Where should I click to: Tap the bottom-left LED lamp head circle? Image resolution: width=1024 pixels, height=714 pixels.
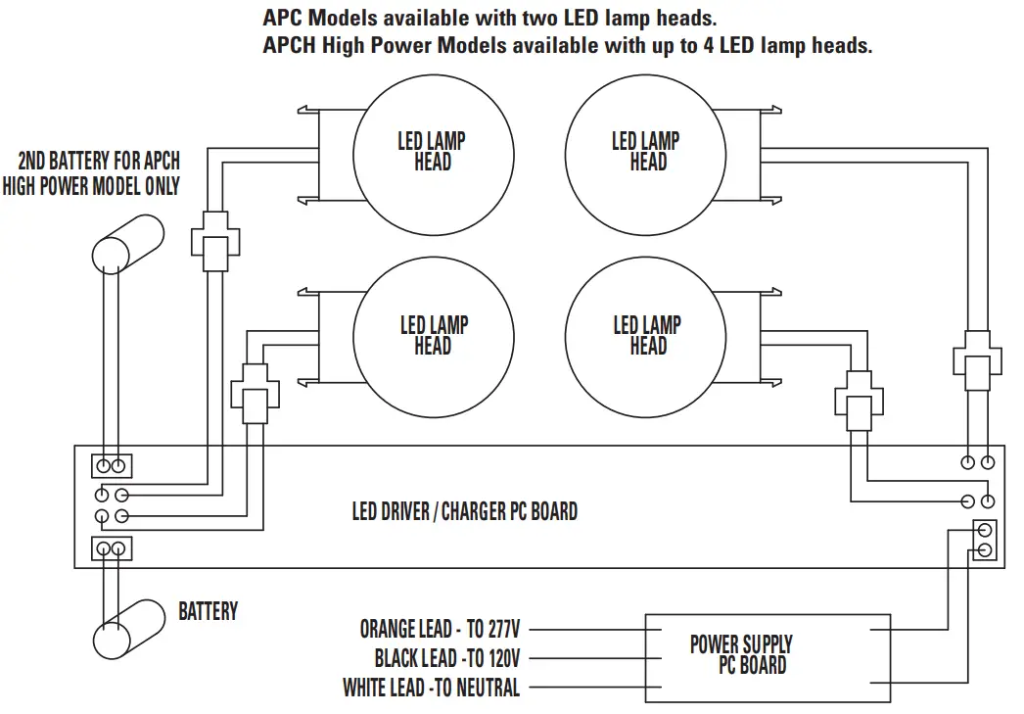click(432, 335)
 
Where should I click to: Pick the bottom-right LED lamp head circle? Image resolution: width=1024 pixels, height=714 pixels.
click(646, 335)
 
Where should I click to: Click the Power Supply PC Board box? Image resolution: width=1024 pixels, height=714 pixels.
click(767, 656)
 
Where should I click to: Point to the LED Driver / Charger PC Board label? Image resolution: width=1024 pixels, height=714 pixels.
click(464, 511)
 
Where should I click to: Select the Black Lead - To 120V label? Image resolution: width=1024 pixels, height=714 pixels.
click(446, 658)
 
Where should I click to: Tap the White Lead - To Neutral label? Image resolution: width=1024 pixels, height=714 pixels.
click(431, 688)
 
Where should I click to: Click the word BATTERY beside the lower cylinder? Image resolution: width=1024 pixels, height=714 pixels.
click(208, 611)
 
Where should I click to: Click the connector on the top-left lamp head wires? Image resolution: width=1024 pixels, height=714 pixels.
click(213, 239)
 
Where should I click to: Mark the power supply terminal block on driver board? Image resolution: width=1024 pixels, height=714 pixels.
click(984, 540)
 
